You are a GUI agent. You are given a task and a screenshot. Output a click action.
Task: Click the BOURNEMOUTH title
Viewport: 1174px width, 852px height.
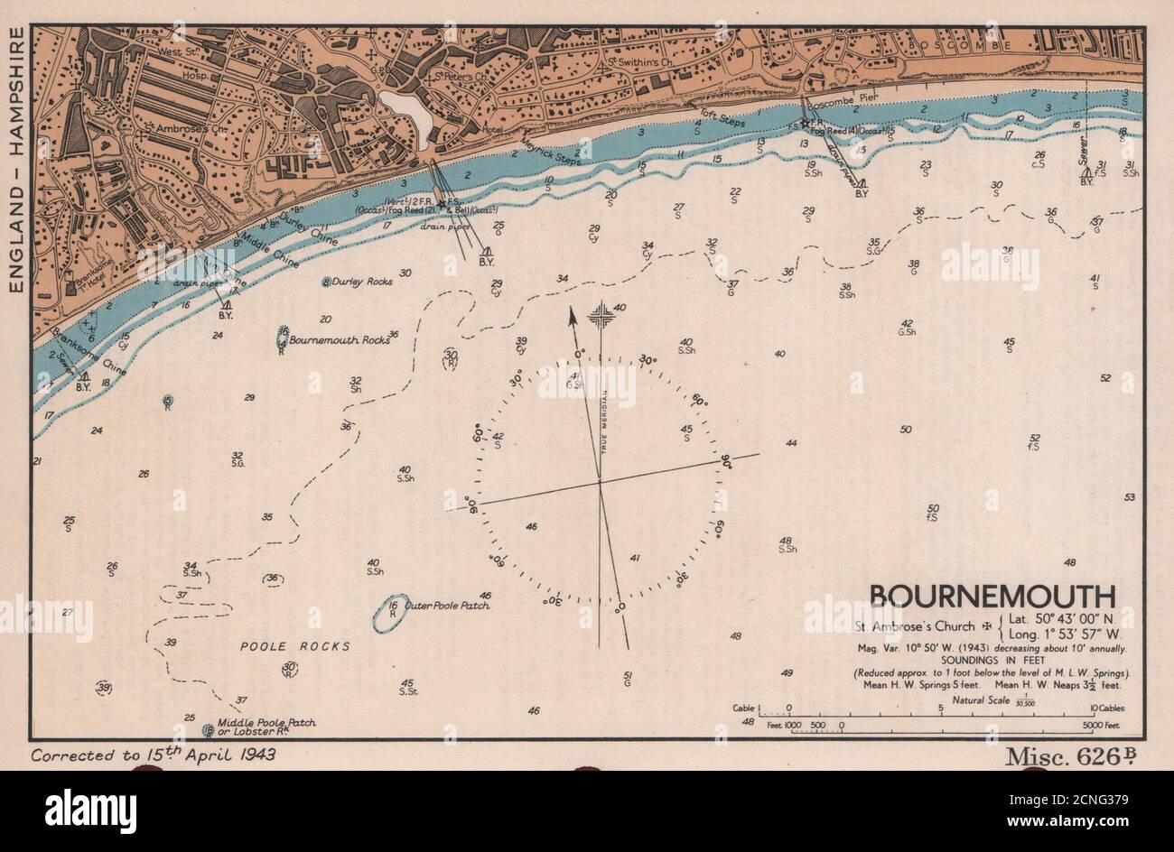[992, 596]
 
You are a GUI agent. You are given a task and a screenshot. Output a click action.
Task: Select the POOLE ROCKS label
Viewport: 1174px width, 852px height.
[294, 646]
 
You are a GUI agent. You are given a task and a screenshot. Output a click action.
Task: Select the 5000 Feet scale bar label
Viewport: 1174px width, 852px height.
[1100, 725]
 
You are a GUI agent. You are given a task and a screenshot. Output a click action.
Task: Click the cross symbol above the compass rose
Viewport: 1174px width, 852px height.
[601, 317]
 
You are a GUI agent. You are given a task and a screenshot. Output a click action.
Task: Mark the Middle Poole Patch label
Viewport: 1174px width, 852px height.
[264, 724]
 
